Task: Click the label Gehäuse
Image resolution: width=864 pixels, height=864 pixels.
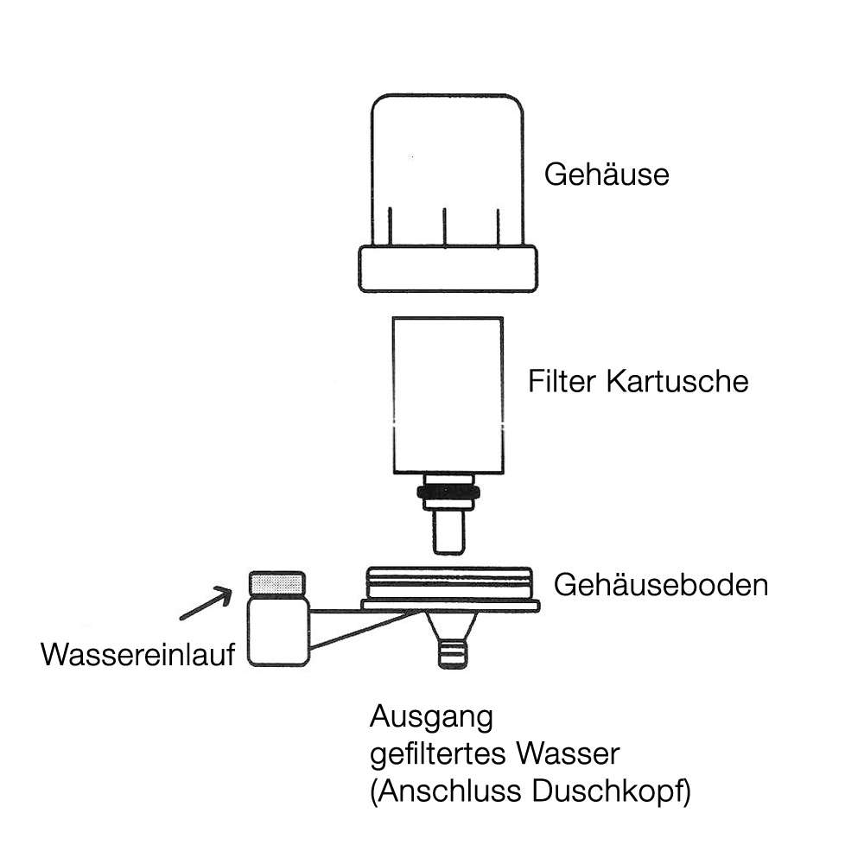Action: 607,175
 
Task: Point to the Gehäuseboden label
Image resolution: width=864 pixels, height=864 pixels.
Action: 660,585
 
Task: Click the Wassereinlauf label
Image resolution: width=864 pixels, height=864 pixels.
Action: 138,654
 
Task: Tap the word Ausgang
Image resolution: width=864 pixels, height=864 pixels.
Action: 431,717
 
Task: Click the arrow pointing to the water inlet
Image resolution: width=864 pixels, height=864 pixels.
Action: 207,603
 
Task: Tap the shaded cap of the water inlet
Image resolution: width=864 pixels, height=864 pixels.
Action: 277,583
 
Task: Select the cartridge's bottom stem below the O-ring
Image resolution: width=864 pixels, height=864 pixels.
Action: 447,531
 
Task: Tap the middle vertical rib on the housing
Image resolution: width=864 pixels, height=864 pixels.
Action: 443,228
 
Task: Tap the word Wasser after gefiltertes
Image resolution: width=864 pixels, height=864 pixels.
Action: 568,754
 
